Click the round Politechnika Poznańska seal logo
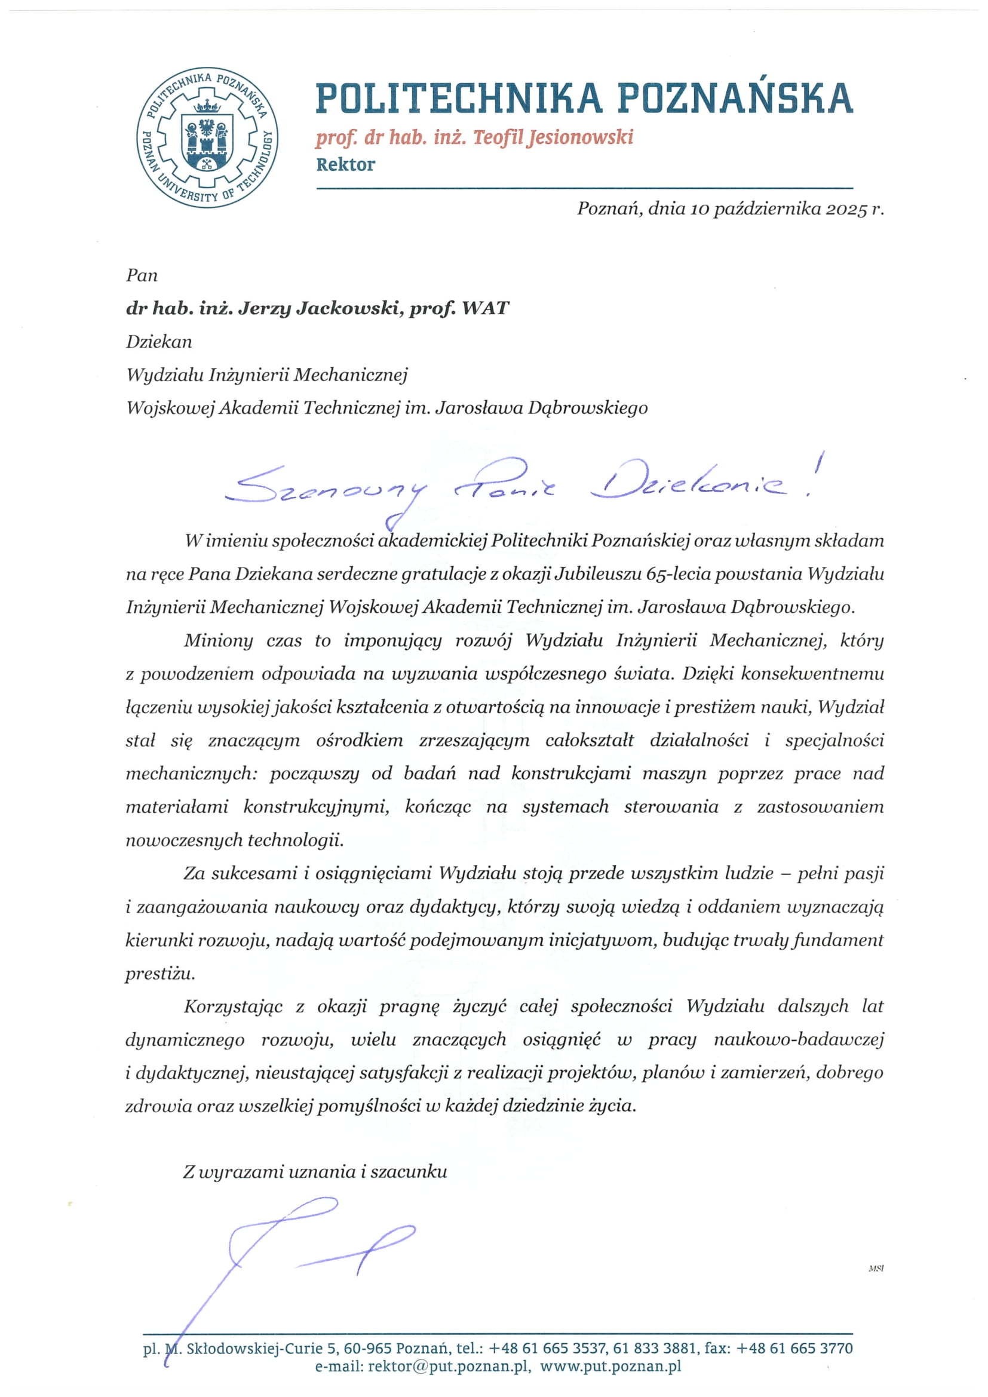click(207, 137)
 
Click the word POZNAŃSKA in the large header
click(735, 99)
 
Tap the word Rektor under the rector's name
click(345, 164)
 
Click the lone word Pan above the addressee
click(142, 275)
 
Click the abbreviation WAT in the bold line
click(486, 308)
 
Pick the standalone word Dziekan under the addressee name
click(159, 342)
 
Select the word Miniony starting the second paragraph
click(219, 641)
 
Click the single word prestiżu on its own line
click(160, 974)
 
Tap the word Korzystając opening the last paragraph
click(233, 1006)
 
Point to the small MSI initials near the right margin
click(876, 1269)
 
